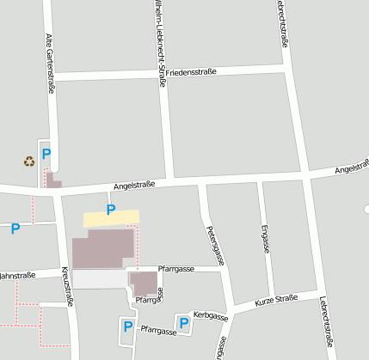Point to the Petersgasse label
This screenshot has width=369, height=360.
[216, 244]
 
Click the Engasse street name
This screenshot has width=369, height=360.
[264, 238]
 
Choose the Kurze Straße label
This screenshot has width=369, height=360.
[276, 301]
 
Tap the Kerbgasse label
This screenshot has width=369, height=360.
[210, 317]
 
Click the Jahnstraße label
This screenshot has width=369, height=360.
[17, 275]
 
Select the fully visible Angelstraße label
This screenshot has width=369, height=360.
[134, 185]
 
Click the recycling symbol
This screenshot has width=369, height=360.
[28, 161]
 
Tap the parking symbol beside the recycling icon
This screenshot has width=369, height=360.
[46, 154]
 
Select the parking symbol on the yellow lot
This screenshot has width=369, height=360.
[110, 209]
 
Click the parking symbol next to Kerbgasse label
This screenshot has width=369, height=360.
[183, 322]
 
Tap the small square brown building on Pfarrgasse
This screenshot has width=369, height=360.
[145, 282]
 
